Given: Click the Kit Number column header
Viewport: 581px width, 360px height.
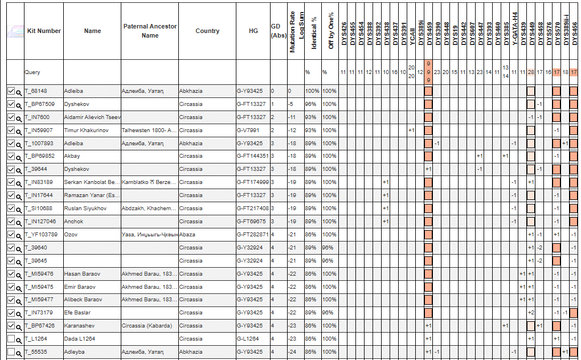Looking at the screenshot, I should (x=44, y=31).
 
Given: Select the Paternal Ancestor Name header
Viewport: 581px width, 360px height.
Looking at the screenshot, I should (x=150, y=31).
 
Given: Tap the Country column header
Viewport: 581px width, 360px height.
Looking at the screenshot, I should (x=207, y=31).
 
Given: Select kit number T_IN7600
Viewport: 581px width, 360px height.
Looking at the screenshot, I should (x=37, y=117).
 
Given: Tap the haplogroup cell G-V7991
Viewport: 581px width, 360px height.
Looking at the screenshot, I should (x=248, y=130).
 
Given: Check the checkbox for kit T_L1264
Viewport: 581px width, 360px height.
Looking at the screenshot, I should (x=11, y=339).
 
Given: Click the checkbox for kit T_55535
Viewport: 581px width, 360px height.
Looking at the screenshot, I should (x=11, y=352).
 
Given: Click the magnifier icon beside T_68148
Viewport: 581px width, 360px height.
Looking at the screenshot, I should (x=19, y=91).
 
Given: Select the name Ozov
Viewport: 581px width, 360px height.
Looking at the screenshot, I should (x=71, y=234).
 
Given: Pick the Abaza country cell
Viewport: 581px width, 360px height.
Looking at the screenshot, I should (x=187, y=234).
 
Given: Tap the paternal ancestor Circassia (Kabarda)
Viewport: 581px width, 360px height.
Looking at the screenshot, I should (x=146, y=326).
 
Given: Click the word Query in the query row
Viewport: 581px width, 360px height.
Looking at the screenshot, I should (x=32, y=72).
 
